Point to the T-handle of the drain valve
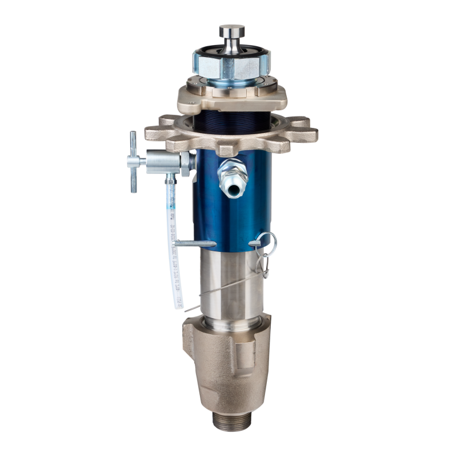(x=133, y=162)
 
